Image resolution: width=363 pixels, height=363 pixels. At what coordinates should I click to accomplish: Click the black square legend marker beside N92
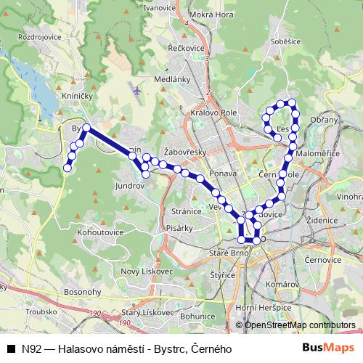click(x=11, y=349)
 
